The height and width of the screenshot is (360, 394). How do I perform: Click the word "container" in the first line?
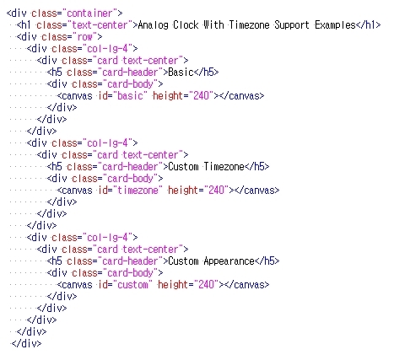pyautogui.click(x=89, y=13)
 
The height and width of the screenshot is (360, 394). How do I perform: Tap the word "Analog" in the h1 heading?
pyautogui.click(x=153, y=25)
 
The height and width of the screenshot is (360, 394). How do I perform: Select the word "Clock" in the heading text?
pyautogui.click(x=186, y=24)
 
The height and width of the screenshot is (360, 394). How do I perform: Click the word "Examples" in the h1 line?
pyautogui.click(x=335, y=25)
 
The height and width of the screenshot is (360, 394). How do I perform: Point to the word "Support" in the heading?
pyautogui.click(x=292, y=25)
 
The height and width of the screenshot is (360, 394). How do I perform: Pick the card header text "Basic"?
pyautogui.click(x=181, y=73)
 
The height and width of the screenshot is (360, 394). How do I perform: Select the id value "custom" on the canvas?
pyautogui.click(x=132, y=285)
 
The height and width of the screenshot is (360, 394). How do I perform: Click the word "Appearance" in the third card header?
pyautogui.click(x=229, y=261)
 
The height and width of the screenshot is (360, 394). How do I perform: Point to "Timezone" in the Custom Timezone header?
pyautogui.click(x=224, y=167)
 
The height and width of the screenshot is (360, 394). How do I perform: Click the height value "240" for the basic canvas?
pyautogui.click(x=201, y=96)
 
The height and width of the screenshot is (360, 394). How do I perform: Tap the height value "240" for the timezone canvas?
pyautogui.click(x=216, y=191)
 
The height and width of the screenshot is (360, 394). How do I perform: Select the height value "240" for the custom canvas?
pyautogui.click(x=206, y=285)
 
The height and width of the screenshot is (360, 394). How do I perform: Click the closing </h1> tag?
pyautogui.click(x=368, y=25)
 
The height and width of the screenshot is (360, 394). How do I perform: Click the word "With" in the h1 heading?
pyautogui.click(x=213, y=24)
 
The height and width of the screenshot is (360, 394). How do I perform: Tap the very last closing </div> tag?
pyautogui.click(x=26, y=343)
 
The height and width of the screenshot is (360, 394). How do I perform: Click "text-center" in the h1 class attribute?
pyautogui.click(x=100, y=25)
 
